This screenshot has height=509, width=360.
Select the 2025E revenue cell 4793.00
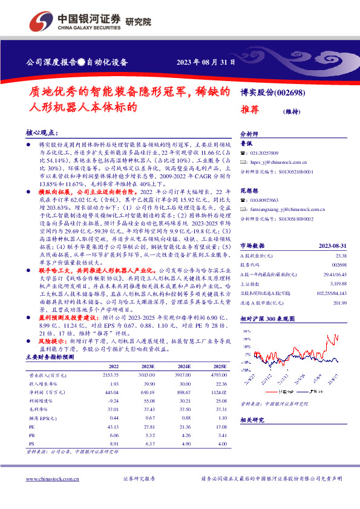click(x=218, y=375)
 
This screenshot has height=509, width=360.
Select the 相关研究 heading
click(x=252, y=420)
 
